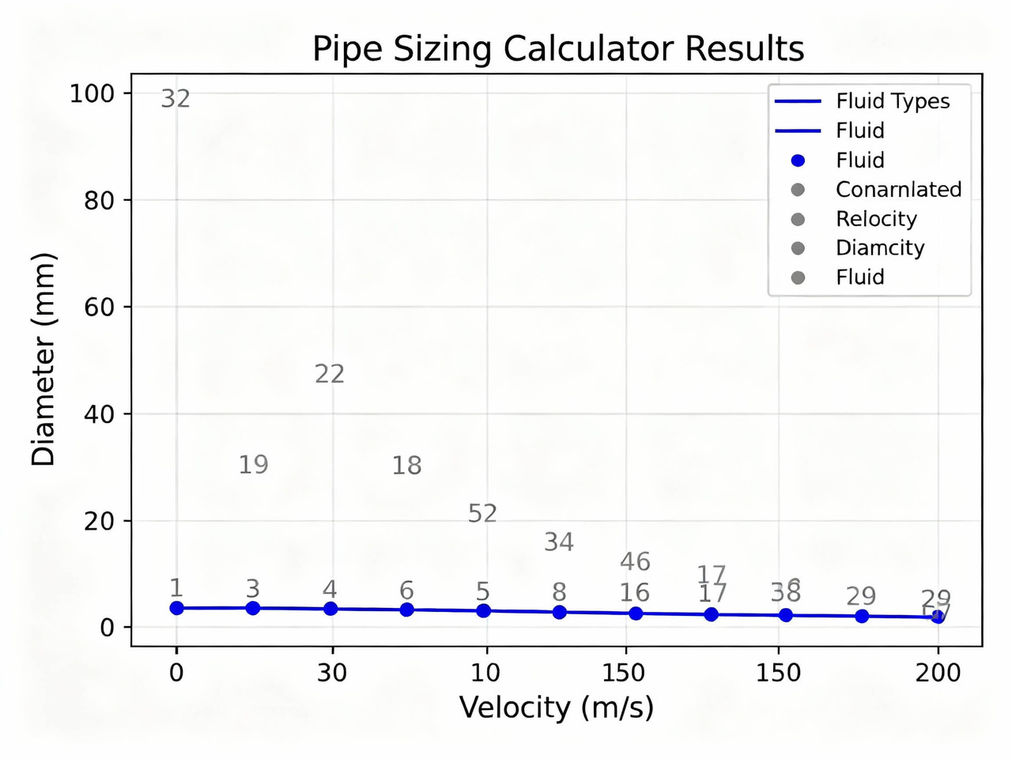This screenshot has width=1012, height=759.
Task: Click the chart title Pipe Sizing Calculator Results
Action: point(557,49)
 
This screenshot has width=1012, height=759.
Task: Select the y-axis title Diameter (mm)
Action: point(43,360)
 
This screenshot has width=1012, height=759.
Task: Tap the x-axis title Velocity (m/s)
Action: point(557,707)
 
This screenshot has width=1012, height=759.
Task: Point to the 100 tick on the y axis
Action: point(92,94)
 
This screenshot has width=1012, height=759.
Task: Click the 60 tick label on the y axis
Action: point(99,308)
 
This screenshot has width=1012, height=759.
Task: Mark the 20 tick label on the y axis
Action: point(99,522)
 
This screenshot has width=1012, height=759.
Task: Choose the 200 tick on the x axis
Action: point(938,673)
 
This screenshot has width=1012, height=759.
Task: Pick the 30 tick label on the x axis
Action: point(332,673)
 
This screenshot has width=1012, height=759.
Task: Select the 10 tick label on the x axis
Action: point(485,673)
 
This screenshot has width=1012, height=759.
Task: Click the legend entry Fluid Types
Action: point(892,101)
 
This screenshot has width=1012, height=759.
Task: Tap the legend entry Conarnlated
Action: point(898,190)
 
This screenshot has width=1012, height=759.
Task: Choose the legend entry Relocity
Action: point(876,219)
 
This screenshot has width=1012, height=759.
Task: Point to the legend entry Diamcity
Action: point(879,248)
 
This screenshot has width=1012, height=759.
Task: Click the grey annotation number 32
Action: point(176,99)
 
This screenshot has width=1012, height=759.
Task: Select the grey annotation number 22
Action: point(330,374)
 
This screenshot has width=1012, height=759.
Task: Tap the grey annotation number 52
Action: point(482,514)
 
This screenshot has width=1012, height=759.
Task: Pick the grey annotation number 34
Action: point(559,542)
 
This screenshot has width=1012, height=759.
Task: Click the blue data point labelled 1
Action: point(177,608)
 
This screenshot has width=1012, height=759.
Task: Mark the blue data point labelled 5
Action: point(483,611)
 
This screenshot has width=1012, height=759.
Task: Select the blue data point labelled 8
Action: point(559,613)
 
